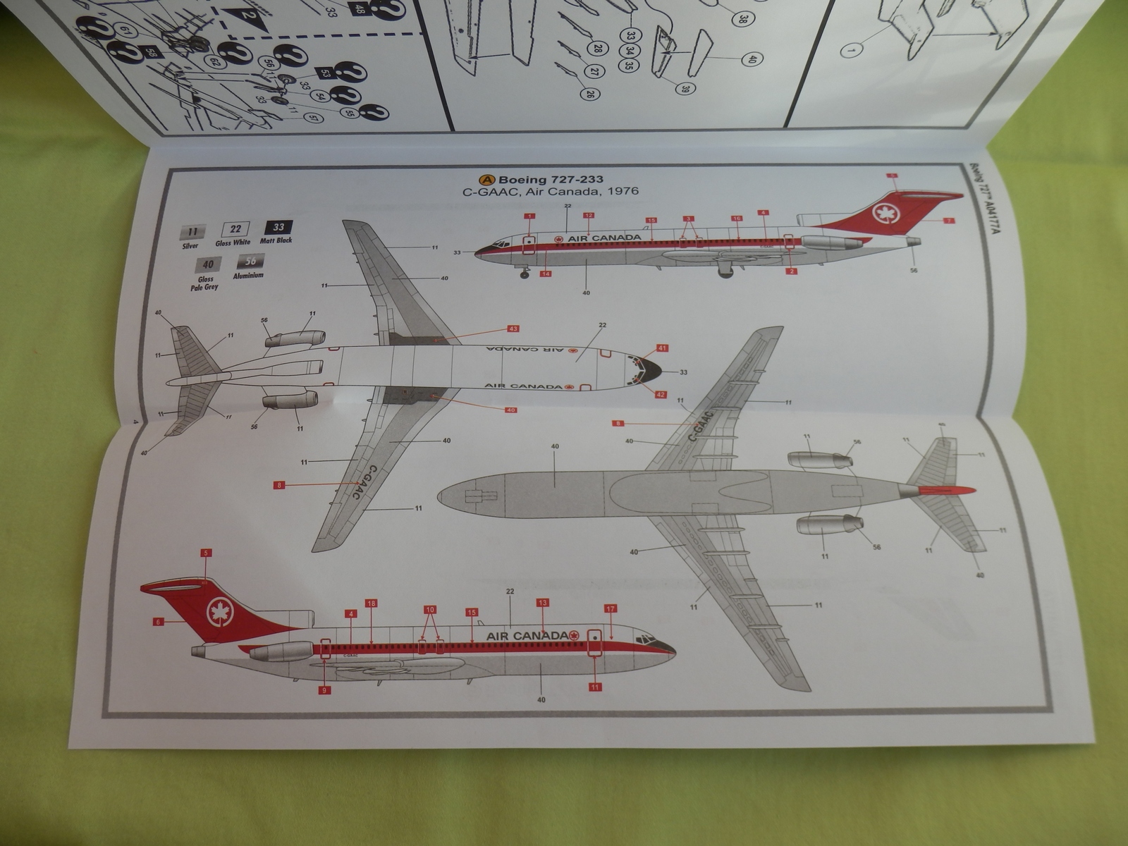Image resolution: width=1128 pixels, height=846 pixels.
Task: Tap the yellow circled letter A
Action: tap(486, 179)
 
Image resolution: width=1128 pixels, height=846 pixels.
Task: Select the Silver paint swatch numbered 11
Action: tap(192, 232)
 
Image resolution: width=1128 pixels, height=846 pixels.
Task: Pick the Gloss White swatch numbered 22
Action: tap(235, 228)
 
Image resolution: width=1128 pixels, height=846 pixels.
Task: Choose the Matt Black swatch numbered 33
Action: tap(278, 227)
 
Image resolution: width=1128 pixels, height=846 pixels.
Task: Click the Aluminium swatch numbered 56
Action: tap(250, 262)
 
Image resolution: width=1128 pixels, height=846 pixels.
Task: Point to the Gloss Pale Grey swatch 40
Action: tap(208, 264)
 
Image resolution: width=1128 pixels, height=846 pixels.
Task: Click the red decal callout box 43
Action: tap(513, 329)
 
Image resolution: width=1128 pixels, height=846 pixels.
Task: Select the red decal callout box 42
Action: tap(661, 394)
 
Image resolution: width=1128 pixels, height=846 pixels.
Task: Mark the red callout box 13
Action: tap(542, 602)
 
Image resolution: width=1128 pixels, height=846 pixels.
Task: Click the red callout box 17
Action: tap(611, 608)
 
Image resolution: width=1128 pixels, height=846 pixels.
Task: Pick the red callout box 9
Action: tap(324, 690)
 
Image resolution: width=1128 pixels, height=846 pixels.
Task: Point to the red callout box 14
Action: tap(546, 274)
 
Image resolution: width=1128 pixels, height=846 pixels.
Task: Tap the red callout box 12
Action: tap(588, 215)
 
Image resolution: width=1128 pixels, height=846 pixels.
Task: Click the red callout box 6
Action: tap(158, 622)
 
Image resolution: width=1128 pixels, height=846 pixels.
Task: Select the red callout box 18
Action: tap(371, 603)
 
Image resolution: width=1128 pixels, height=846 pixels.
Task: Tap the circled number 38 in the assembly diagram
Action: tap(742, 20)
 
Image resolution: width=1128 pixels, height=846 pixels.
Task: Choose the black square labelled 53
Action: tap(324, 73)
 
